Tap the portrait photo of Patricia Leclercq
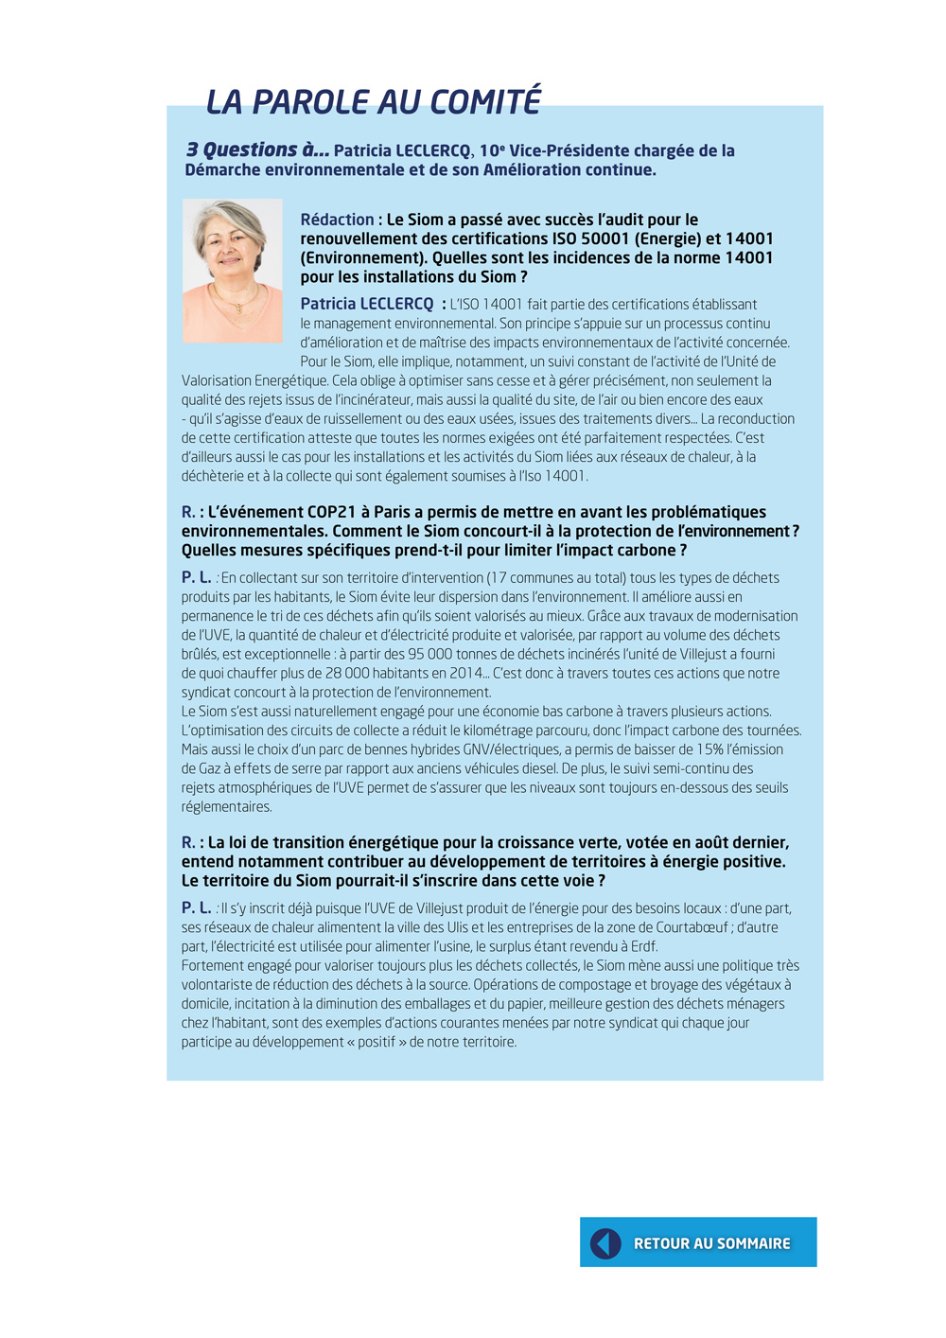tap(233, 271)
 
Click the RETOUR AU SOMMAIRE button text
tap(711, 1243)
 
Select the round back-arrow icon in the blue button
tap(605, 1243)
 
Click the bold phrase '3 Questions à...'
tap(257, 150)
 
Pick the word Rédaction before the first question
tap(337, 220)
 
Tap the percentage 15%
tap(709, 749)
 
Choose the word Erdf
tap(643, 946)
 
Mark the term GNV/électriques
tap(512, 749)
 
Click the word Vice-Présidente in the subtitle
tap(569, 150)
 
